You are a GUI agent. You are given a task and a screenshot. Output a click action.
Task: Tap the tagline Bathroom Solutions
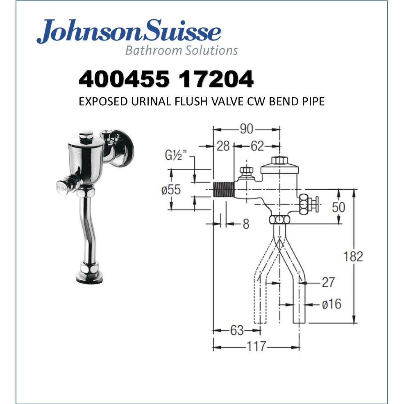pos(181,50)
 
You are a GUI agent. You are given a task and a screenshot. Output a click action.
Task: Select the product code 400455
pos(123,79)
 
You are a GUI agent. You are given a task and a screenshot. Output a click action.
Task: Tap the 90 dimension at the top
pos(246,129)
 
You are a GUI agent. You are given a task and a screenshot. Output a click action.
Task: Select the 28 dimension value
pos(223,146)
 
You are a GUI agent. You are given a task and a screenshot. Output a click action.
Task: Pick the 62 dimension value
pos(257,146)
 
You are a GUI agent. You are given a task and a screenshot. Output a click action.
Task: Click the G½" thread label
pos(176,156)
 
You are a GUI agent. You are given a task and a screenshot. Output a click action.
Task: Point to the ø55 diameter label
pos(171,190)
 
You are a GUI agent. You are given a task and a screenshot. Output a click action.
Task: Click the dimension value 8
pos(245,224)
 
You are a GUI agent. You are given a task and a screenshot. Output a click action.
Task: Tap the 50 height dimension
pos(338,207)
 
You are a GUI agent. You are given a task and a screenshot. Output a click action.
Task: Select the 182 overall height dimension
pos(353,256)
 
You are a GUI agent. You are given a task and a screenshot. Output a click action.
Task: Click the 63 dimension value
pos(237,330)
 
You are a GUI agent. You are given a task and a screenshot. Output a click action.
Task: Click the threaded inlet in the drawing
pos(224,190)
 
